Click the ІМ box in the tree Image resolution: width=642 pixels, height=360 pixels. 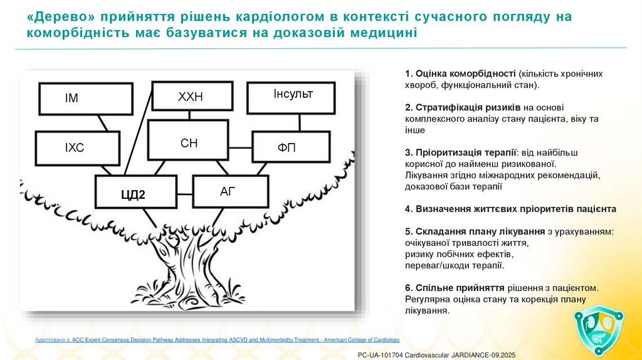pyautogui.click(x=85, y=98)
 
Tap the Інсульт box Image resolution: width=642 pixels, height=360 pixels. pyautogui.click(x=292, y=95)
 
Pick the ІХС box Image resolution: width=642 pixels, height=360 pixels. pyautogui.click(x=78, y=148)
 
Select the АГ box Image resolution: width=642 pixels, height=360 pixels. pyautogui.click(x=229, y=191)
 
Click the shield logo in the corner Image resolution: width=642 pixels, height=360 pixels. pyautogui.click(x=599, y=329)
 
